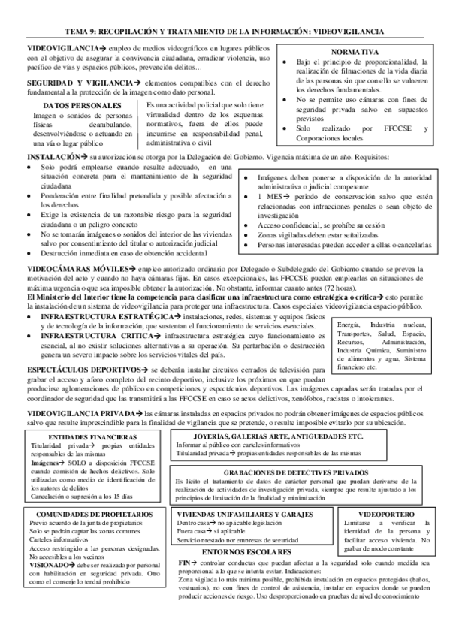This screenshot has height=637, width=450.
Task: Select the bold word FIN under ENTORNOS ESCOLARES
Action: pyautogui.click(x=185, y=562)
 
